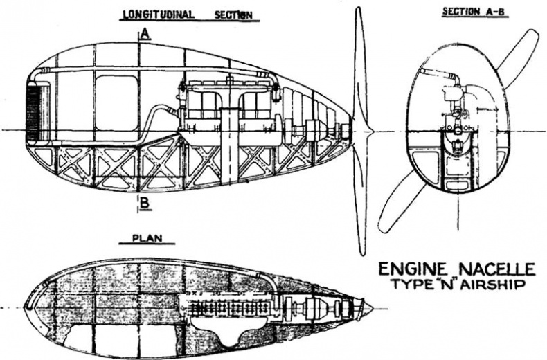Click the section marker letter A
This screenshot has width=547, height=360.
(x=145, y=34)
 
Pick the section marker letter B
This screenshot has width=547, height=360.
(x=145, y=202)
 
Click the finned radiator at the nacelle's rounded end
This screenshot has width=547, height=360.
(x=35, y=111)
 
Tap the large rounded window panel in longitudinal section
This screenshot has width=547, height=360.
(x=116, y=102)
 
